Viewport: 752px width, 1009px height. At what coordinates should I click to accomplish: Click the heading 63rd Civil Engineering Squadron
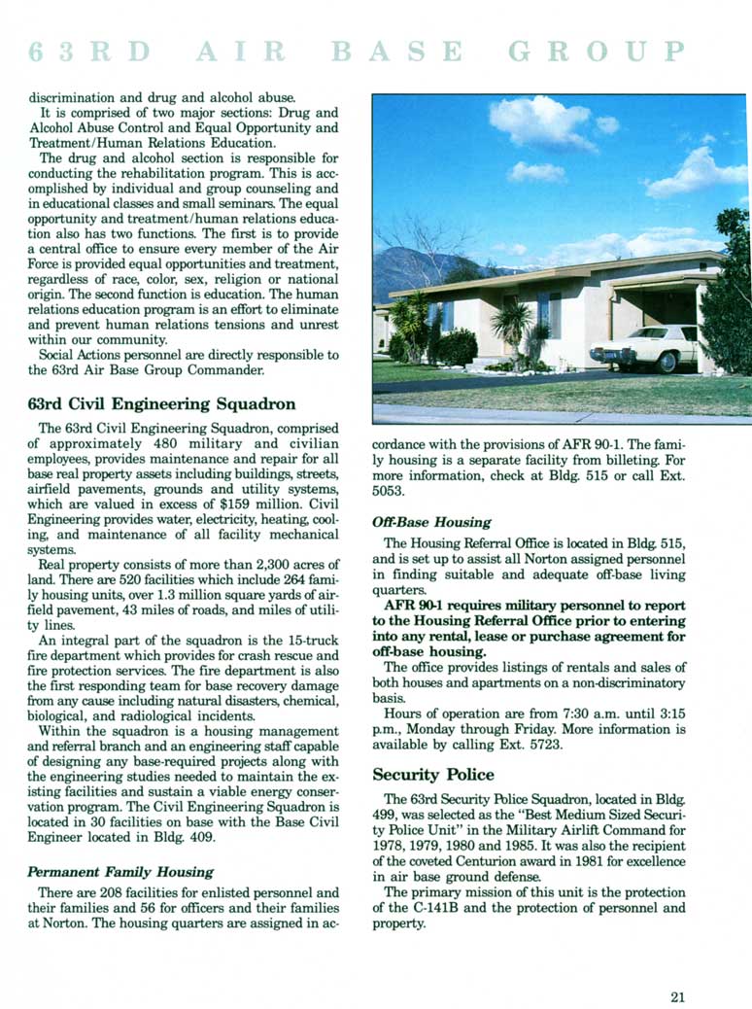click(162, 403)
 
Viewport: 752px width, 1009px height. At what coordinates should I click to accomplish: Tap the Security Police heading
click(433, 775)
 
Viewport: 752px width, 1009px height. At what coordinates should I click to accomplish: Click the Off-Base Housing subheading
click(431, 522)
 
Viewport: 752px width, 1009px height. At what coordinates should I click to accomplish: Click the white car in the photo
click(644, 347)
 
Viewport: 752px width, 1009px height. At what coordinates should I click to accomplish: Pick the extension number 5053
click(391, 492)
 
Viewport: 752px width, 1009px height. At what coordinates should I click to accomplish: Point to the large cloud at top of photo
click(541, 121)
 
